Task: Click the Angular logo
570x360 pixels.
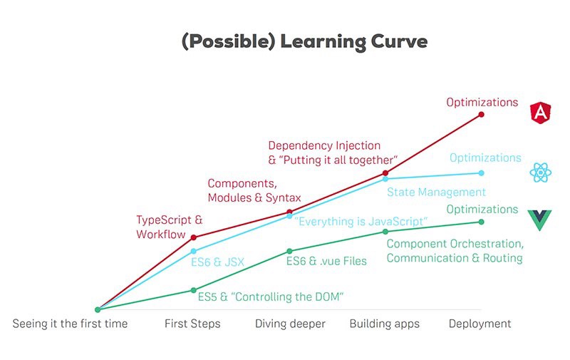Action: click(540, 113)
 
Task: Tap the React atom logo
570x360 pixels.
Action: click(541, 173)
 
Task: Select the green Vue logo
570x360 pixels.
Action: click(540, 220)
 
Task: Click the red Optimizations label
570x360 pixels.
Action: click(482, 103)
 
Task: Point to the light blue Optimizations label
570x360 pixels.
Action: click(485, 158)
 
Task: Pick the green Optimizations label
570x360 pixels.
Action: click(482, 210)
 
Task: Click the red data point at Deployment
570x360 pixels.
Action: click(482, 115)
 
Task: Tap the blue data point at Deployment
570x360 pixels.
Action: click(482, 173)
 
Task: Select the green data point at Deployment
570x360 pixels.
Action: click(482, 222)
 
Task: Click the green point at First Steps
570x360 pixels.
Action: click(193, 290)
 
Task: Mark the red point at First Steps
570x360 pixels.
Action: click(194, 237)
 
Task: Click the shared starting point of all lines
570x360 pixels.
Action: click(98, 310)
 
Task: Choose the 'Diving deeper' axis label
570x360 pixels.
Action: click(290, 324)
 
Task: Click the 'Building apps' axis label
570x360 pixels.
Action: click(385, 324)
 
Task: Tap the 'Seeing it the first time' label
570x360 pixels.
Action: click(70, 324)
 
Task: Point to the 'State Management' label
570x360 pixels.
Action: click(436, 192)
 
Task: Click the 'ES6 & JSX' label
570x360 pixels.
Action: click(217, 262)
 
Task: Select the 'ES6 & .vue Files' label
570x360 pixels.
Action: click(326, 261)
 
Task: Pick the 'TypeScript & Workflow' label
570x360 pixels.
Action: click(170, 227)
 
